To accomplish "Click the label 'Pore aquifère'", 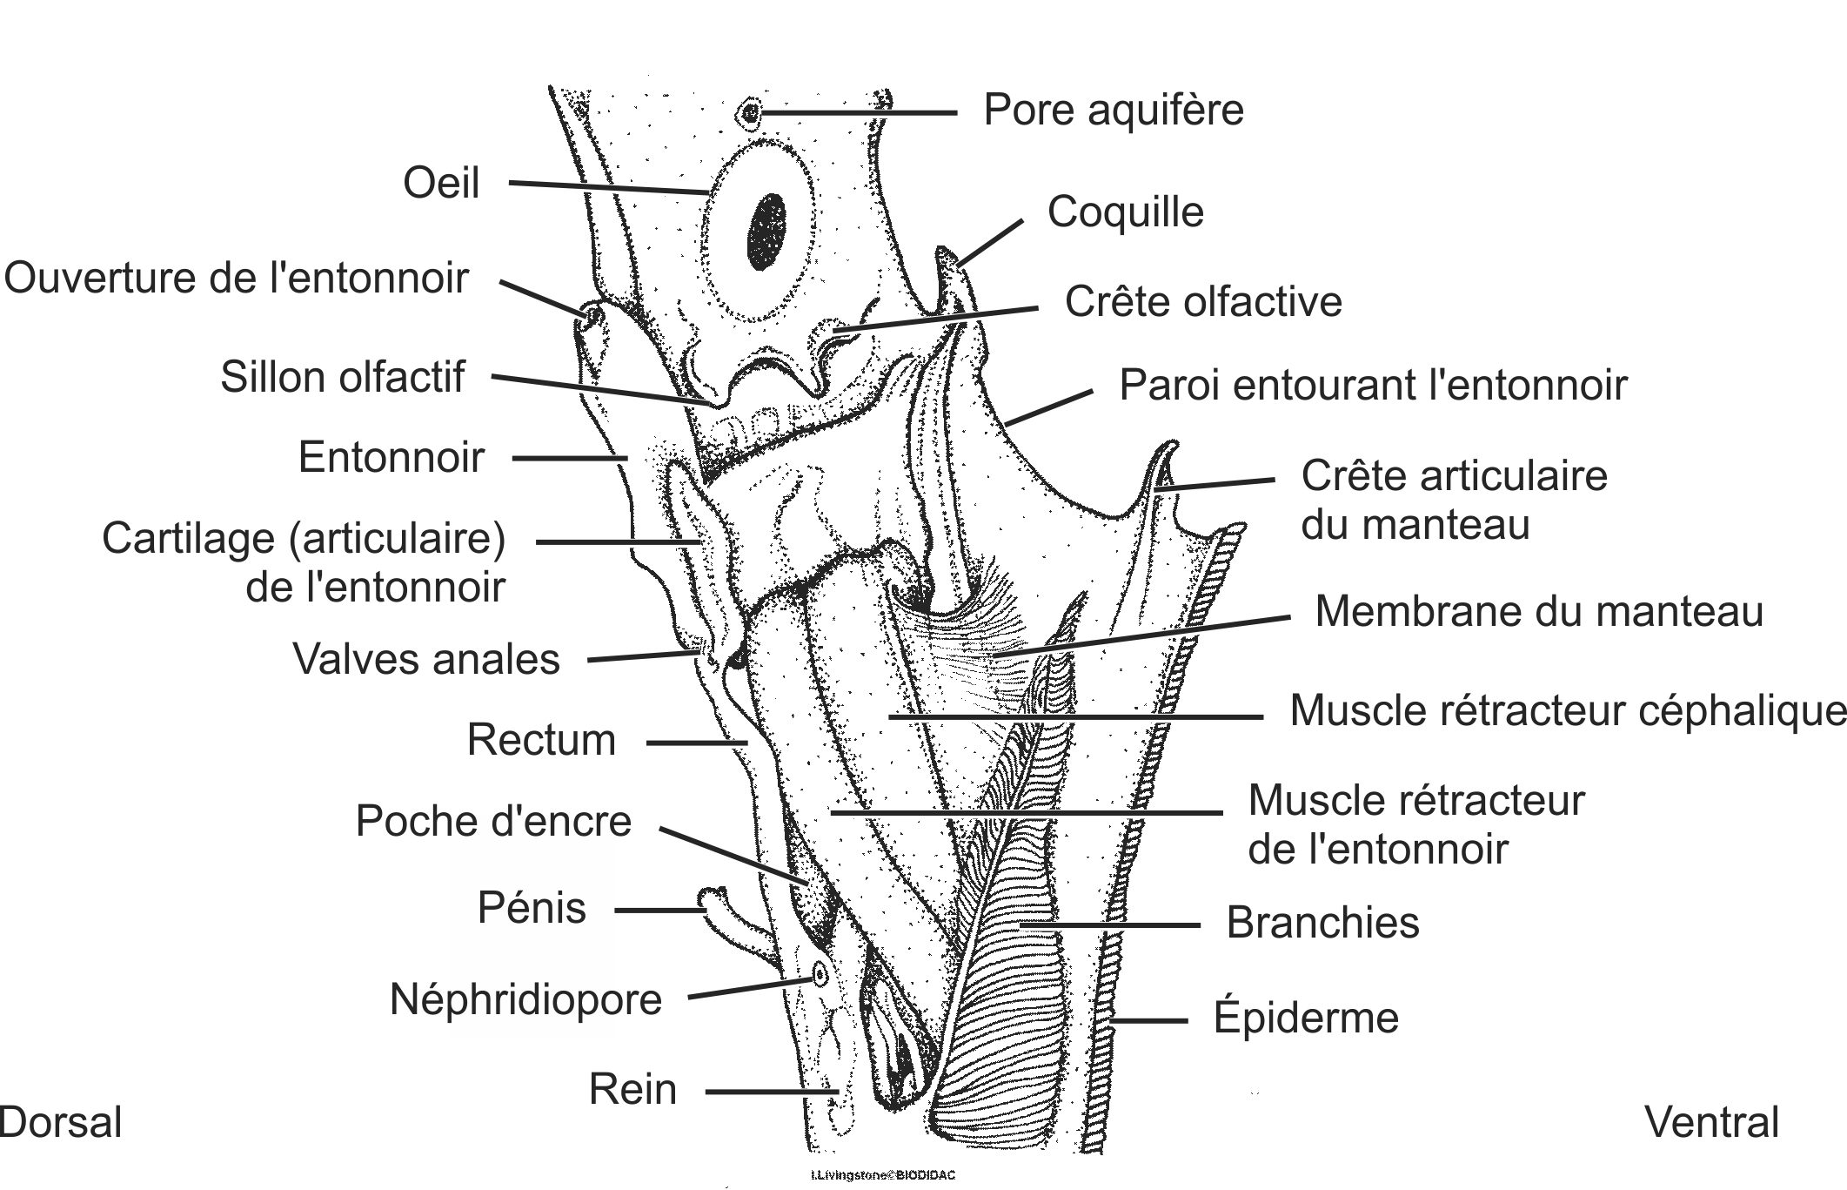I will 1113,111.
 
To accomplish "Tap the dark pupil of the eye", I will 767,231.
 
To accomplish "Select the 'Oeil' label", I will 441,184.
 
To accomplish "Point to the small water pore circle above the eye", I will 750,112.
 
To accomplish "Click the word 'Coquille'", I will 1125,212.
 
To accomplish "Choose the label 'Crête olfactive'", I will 1203,302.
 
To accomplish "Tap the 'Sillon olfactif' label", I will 342,378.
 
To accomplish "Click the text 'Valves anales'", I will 426,659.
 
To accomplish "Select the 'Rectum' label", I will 541,740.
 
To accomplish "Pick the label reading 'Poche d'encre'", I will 493,821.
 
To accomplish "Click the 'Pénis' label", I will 532,908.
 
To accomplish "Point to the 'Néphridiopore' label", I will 525,999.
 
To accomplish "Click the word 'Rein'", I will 632,1089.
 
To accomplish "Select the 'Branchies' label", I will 1322,923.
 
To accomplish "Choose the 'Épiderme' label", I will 1306,1017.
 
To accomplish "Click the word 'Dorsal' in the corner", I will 61,1123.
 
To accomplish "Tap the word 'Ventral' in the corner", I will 1711,1123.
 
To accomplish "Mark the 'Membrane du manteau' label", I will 1538,611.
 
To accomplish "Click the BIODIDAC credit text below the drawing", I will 882,1175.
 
